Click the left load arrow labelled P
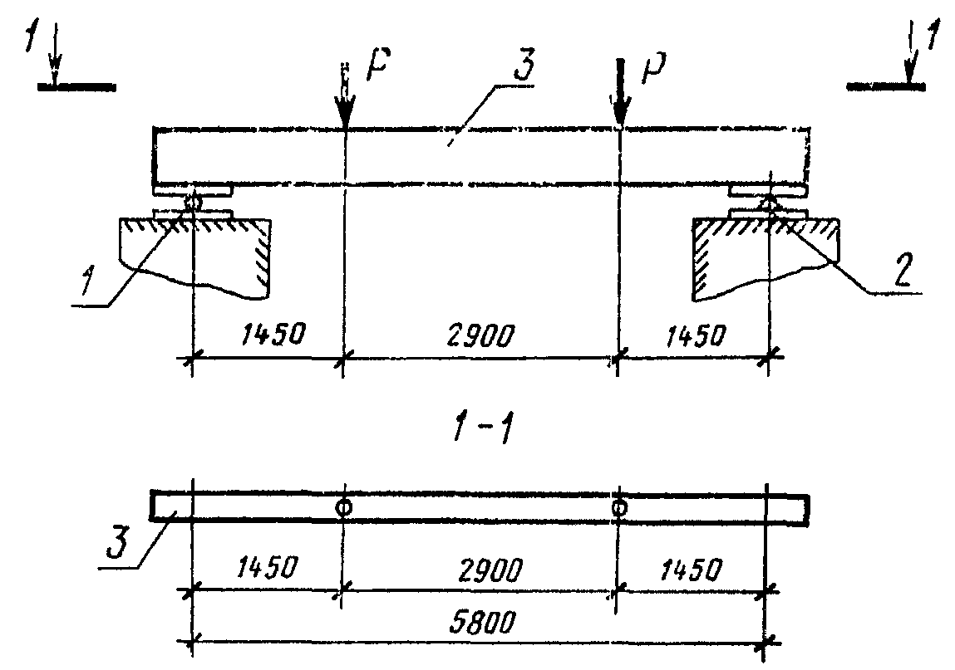coord(344,100)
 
